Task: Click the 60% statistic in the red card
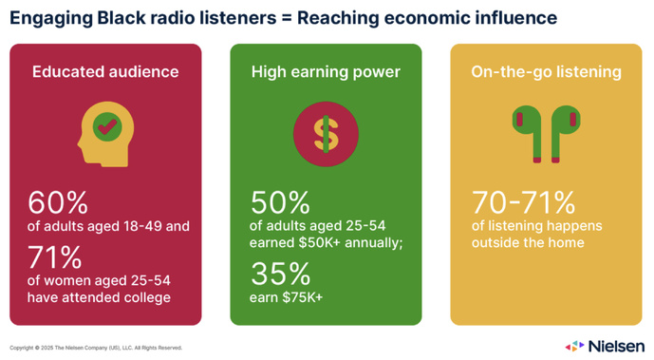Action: coord(58,203)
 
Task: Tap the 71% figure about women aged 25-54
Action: coord(57,257)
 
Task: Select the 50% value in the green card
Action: coord(281,203)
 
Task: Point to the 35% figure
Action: coord(280,275)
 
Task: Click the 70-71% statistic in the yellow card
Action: coord(524,203)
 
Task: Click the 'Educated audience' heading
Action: coord(104,71)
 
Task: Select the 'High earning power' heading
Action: coord(326,71)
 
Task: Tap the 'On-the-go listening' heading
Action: coord(546,71)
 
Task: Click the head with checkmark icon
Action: coord(105,135)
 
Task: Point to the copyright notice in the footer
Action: coord(95,348)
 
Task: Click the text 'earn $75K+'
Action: coord(286,297)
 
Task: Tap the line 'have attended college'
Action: coord(99,297)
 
